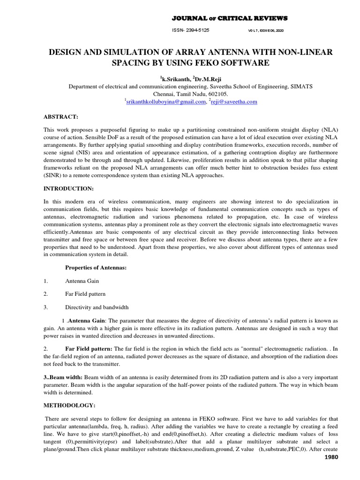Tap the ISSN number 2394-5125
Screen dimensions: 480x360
tap(191, 30)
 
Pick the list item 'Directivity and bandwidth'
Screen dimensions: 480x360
tap(97, 307)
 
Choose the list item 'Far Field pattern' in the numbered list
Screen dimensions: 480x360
tap(85, 294)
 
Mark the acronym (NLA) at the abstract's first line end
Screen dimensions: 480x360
tap(327, 129)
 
